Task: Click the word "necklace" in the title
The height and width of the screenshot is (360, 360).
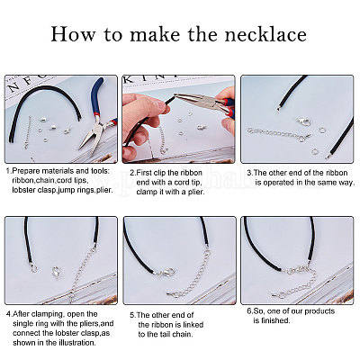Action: pos(265,34)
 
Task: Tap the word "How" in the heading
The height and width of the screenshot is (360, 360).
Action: pos(73,34)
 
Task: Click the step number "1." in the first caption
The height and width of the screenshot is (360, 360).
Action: pos(9,171)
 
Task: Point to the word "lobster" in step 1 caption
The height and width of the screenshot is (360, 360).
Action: pos(23,190)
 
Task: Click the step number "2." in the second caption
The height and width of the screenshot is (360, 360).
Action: pos(133,173)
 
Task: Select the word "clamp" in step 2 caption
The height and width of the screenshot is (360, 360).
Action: pos(147,193)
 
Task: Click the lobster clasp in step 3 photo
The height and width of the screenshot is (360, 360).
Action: pos(303,122)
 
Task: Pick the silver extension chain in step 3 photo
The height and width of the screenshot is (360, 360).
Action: pos(277,134)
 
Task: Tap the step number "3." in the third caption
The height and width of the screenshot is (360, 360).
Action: pos(250,173)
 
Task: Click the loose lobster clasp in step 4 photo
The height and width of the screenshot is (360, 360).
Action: pos(56,272)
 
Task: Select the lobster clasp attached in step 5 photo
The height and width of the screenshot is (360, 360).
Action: pos(166,273)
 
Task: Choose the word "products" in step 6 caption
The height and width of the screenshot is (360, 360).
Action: pos(319,311)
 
